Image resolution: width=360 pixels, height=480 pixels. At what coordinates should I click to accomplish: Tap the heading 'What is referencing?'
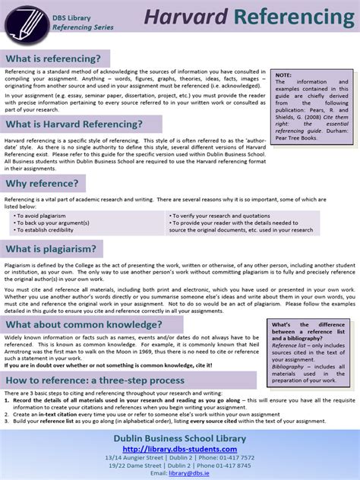56,59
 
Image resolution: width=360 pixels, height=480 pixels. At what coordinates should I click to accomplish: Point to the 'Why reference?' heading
43,183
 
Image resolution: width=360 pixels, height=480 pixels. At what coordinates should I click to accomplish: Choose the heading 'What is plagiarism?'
52,248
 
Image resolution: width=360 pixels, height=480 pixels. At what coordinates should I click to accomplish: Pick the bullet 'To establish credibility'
49,229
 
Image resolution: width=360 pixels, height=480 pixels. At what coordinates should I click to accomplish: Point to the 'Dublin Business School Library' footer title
179,438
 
